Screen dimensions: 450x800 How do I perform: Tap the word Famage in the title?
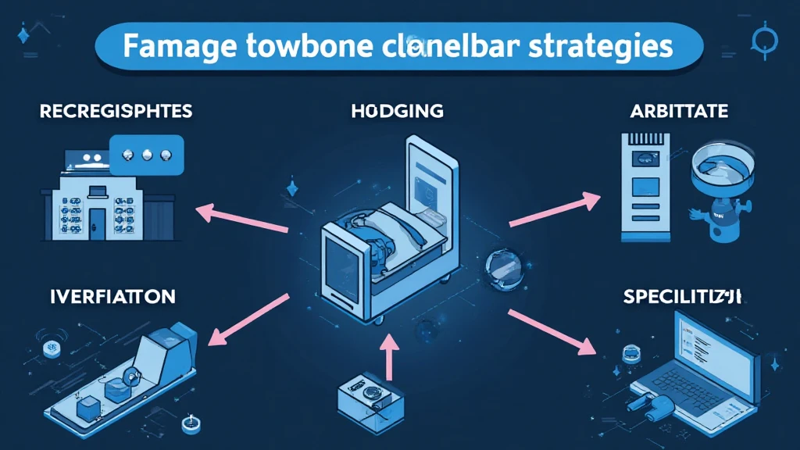(x=173, y=46)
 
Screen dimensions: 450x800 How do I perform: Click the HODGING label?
(x=397, y=111)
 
